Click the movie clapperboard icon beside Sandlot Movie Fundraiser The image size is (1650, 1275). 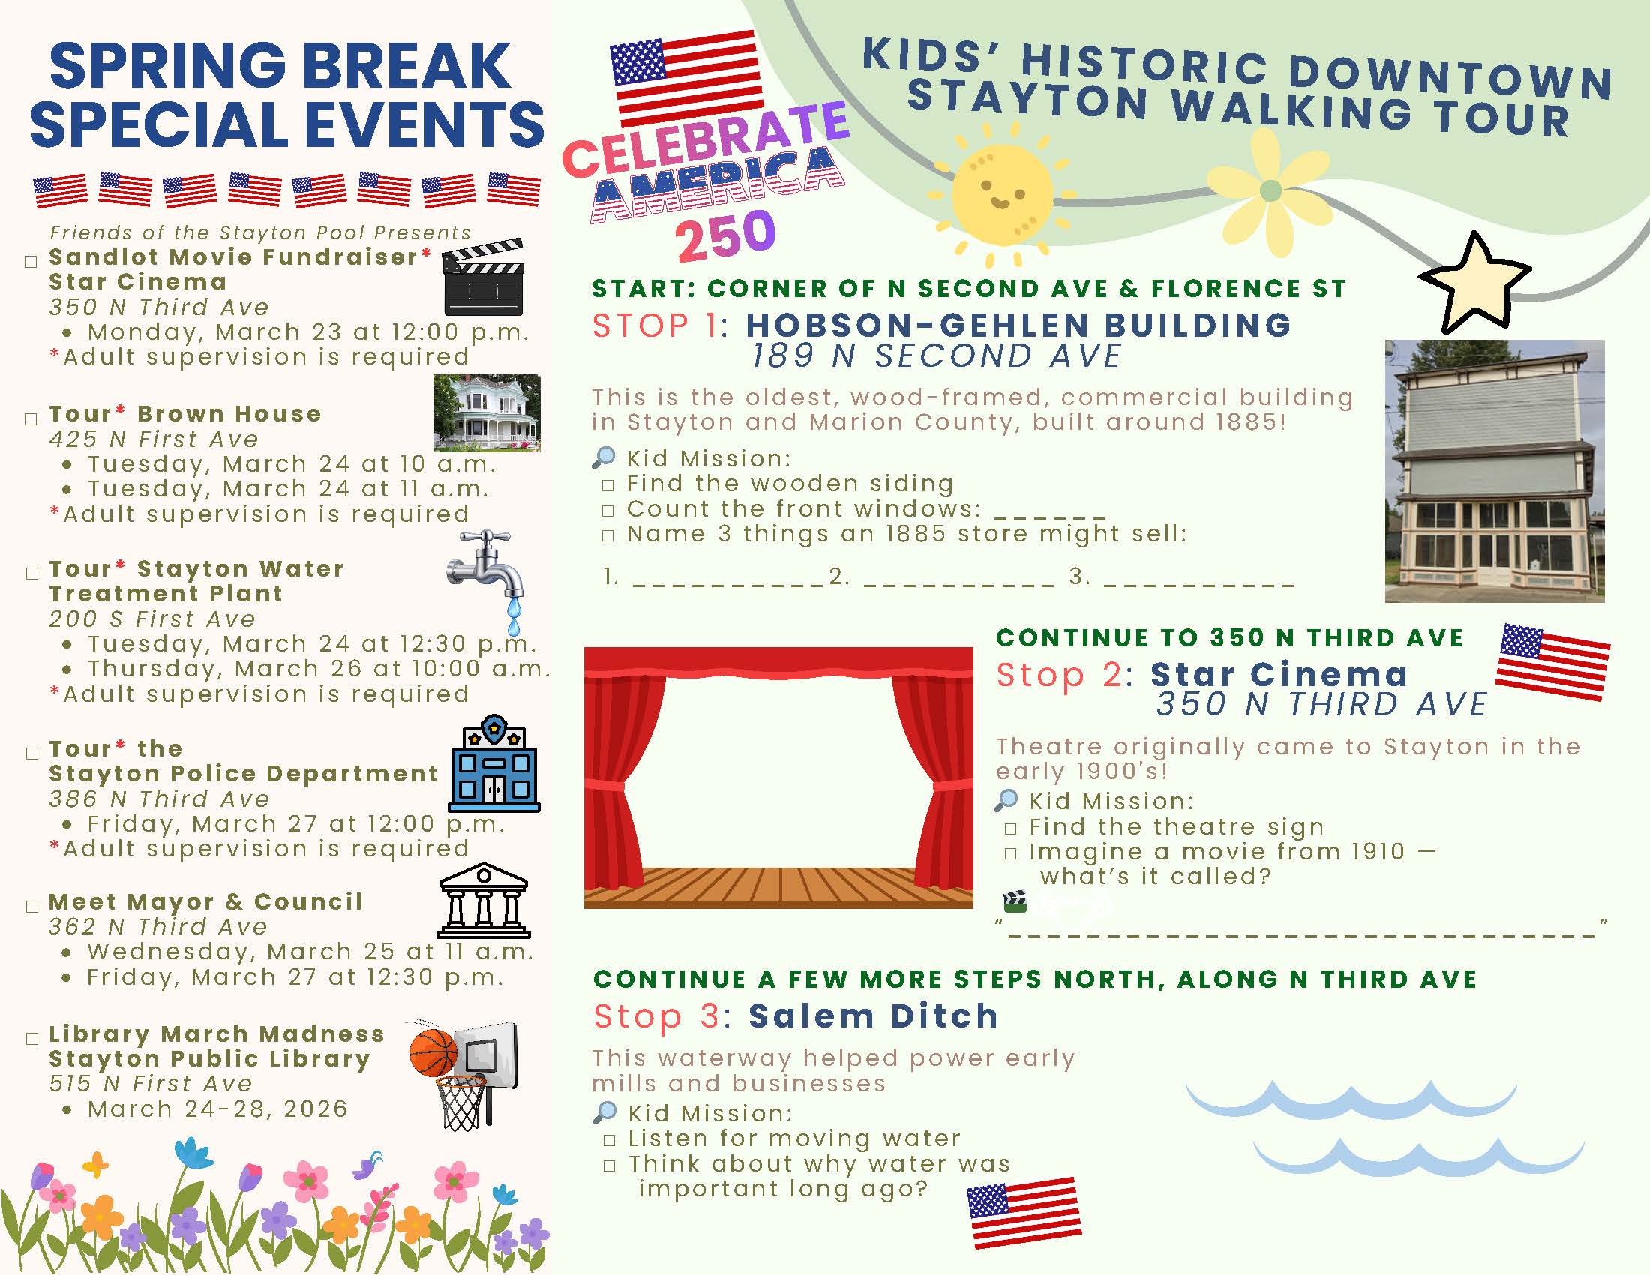coord(482,277)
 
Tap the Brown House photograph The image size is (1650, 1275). coord(487,412)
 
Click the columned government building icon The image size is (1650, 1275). coord(484,900)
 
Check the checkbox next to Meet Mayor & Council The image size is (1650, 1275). coord(31,907)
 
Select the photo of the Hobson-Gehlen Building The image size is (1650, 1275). coord(1494,470)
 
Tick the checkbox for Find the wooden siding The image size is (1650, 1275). coord(608,486)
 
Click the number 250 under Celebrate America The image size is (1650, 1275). coord(725,235)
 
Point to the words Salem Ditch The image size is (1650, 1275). coord(873,1016)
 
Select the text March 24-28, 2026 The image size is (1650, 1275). coord(217,1108)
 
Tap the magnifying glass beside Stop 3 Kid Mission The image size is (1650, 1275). coord(604,1111)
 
